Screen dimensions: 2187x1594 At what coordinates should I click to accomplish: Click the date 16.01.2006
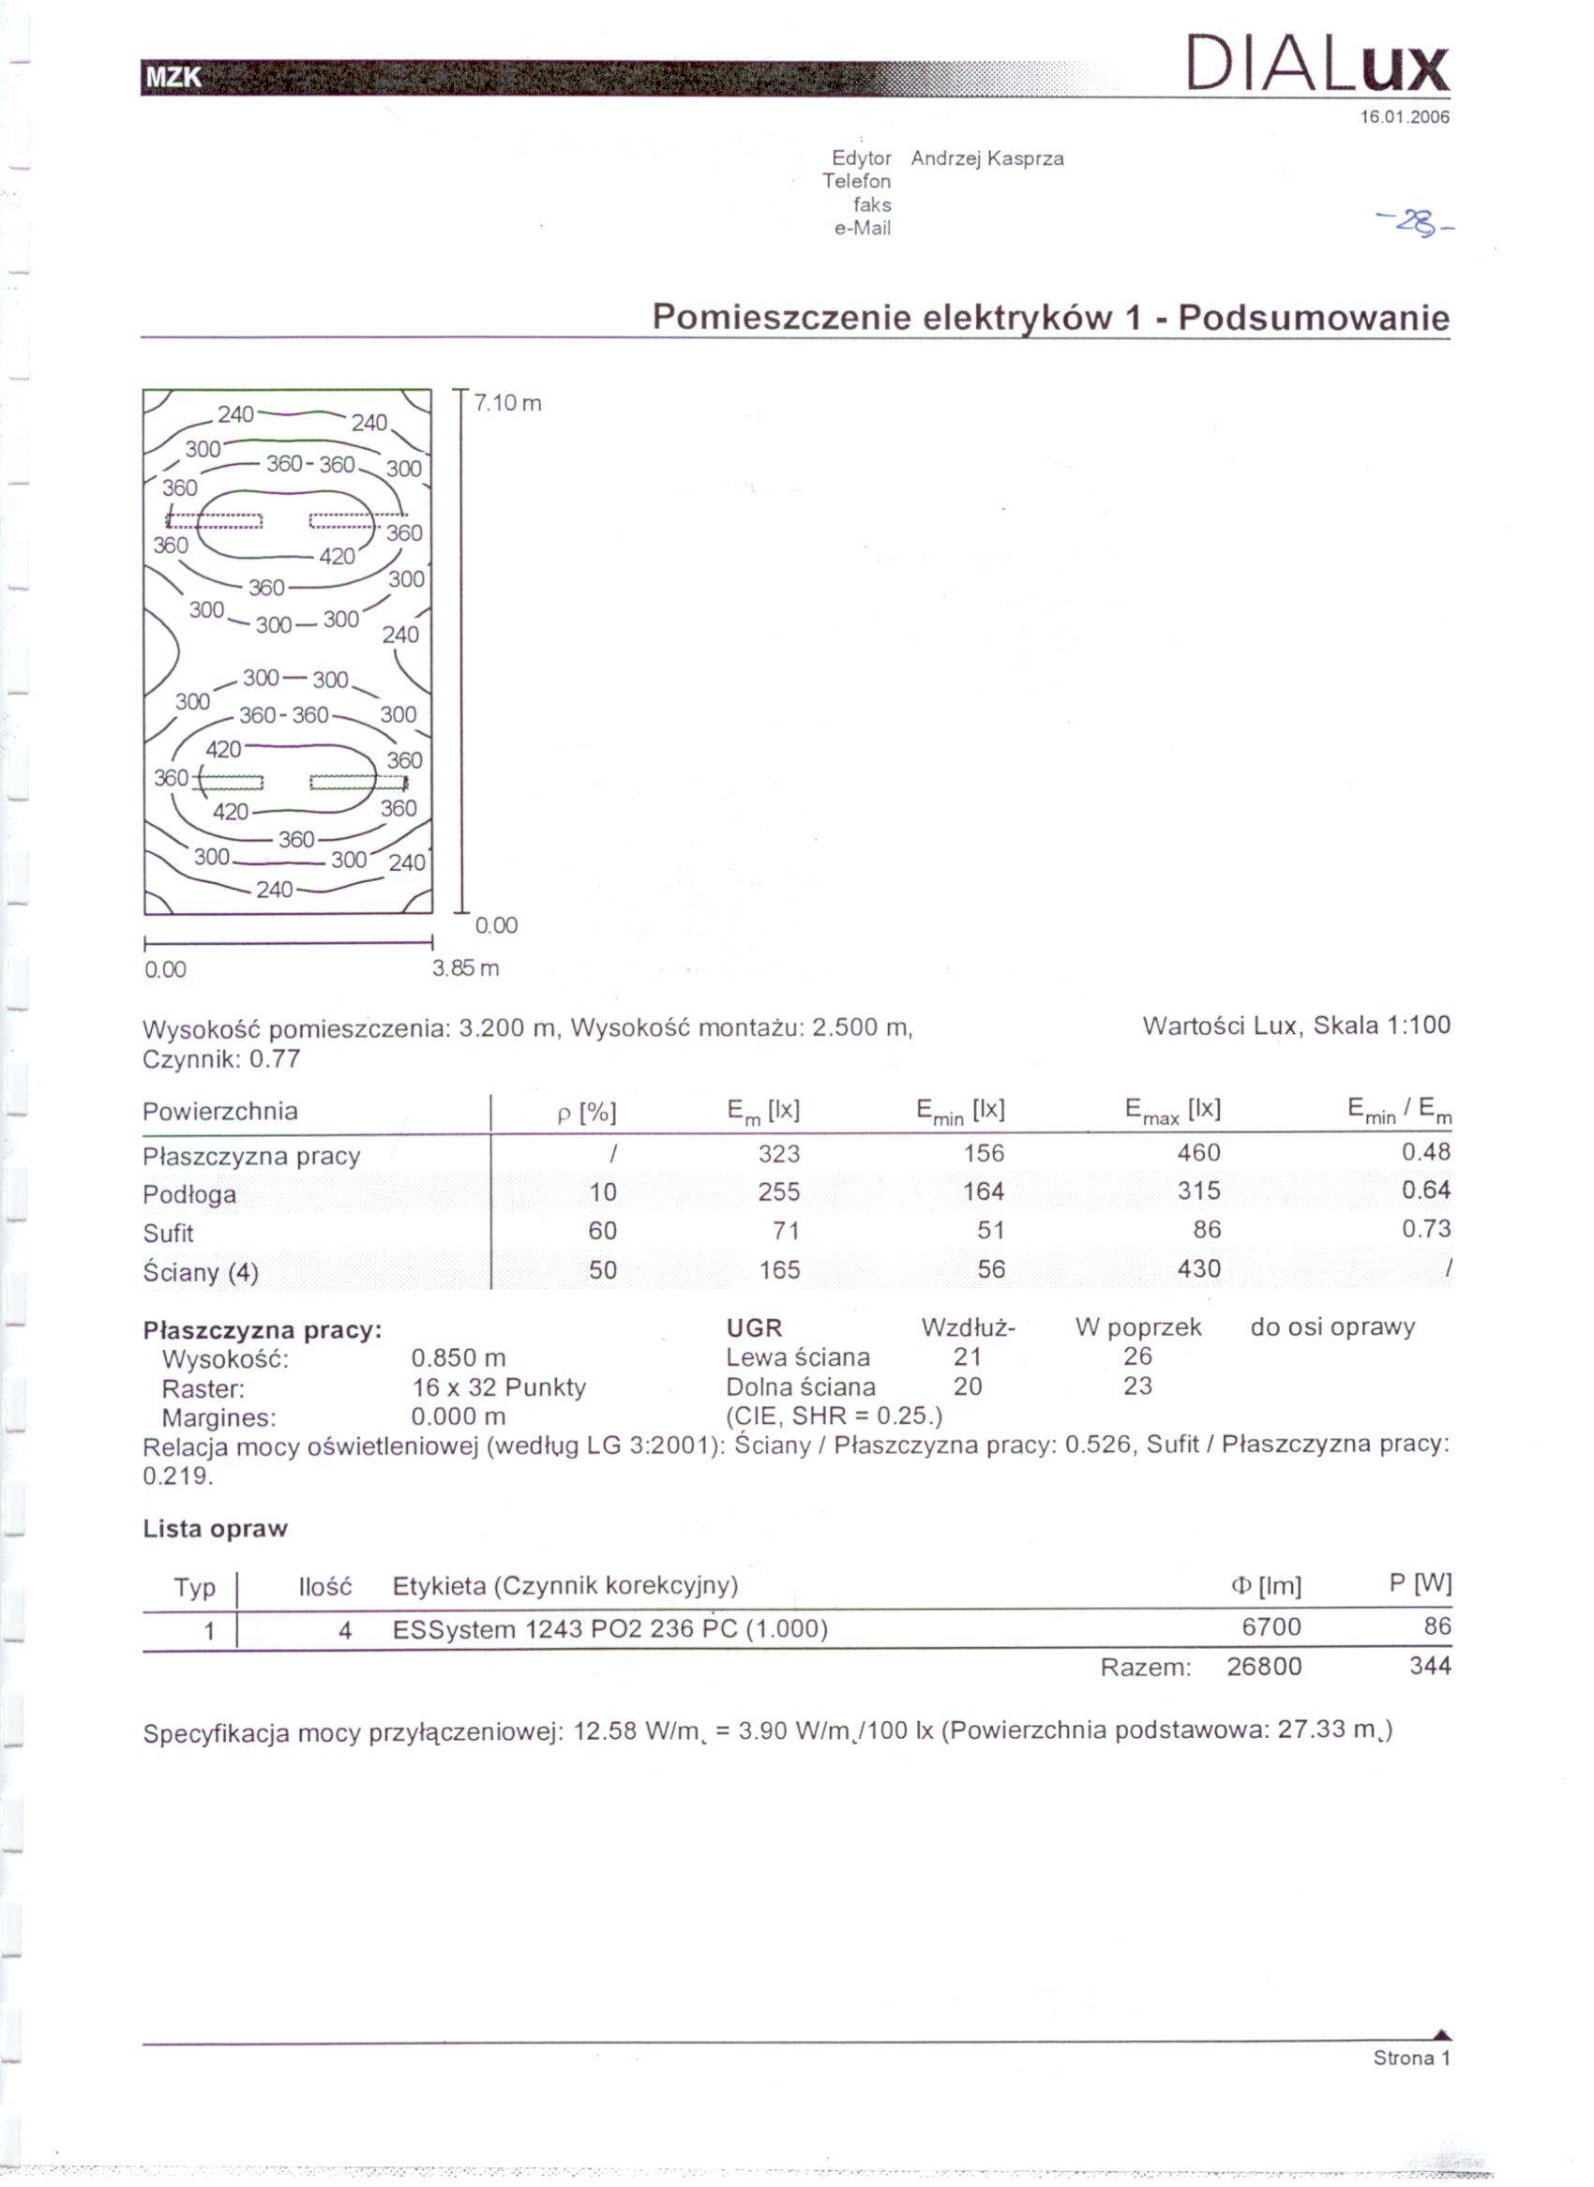click(x=1404, y=118)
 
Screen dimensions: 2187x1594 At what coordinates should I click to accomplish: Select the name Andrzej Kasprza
click(x=987, y=158)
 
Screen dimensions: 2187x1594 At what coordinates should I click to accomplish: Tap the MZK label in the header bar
click(x=173, y=77)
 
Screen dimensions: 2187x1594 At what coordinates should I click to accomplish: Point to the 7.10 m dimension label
click(x=507, y=403)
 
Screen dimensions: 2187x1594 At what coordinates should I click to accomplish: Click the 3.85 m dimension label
click(x=466, y=967)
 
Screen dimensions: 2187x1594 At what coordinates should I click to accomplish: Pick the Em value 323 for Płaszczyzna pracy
click(x=778, y=1154)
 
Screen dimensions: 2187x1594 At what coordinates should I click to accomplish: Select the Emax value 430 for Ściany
click(x=1198, y=1268)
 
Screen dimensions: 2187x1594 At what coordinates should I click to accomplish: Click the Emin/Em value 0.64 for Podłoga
click(x=1425, y=1191)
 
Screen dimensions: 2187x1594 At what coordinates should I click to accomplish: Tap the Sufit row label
click(x=169, y=1233)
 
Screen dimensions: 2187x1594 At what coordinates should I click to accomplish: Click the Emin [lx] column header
click(x=960, y=1112)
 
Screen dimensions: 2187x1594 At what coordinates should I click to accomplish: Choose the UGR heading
click(x=754, y=1328)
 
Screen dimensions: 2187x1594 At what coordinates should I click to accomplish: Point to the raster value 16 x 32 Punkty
click(x=499, y=1387)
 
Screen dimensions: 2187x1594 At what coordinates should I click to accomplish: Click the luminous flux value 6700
click(x=1271, y=1626)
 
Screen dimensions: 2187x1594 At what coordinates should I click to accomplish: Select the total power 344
click(x=1430, y=1666)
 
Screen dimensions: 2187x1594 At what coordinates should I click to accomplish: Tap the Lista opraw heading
click(x=215, y=1528)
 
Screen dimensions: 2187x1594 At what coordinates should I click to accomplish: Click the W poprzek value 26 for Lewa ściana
click(x=1137, y=1356)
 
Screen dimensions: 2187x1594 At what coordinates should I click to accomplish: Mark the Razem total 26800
click(x=1264, y=1667)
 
